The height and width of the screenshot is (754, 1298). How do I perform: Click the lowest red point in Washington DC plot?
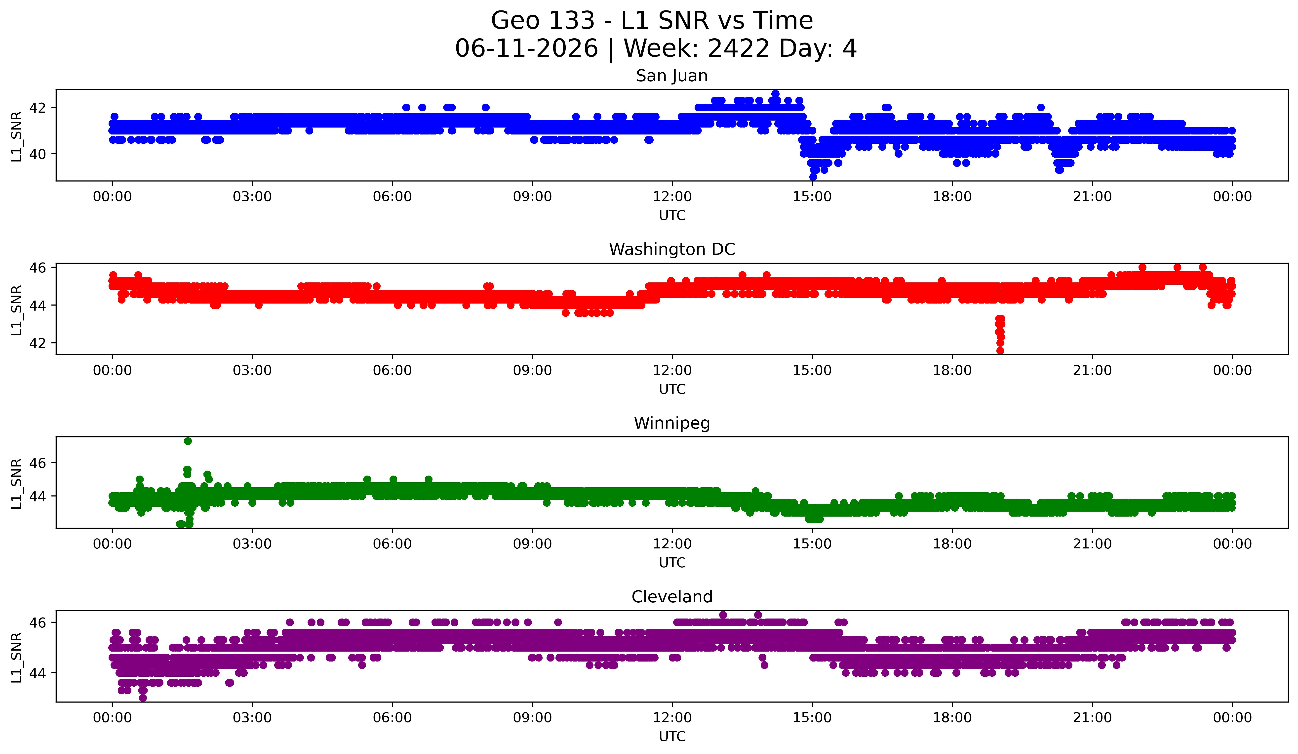coord(1000,351)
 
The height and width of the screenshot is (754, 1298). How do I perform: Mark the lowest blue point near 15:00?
coord(813,177)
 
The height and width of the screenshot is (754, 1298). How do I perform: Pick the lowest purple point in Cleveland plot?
coord(143,698)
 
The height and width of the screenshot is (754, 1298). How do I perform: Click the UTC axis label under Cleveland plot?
coord(672,737)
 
